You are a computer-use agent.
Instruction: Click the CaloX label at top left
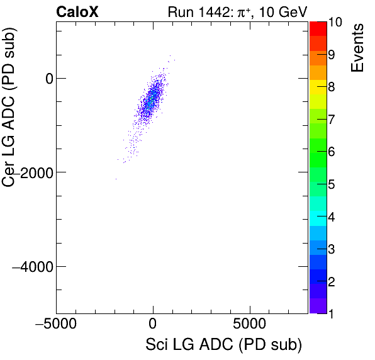click(x=77, y=12)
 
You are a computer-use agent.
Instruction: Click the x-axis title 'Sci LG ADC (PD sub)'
click(x=223, y=345)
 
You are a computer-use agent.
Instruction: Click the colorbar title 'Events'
click(x=358, y=48)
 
